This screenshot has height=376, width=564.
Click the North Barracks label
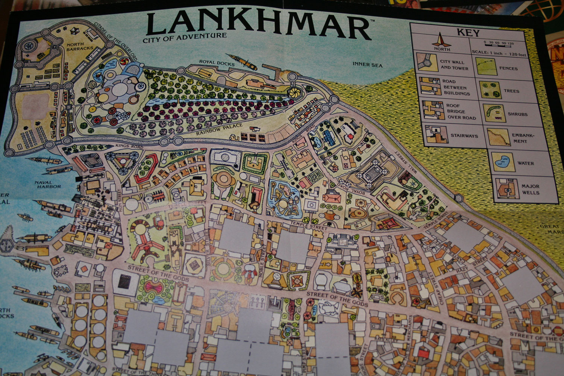pos(80,46)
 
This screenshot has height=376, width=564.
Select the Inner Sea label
pos(367,65)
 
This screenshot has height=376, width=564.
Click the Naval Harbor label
pos(49,184)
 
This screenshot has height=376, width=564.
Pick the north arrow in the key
pos(442,41)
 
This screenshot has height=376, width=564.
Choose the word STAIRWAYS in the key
pos(464,136)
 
